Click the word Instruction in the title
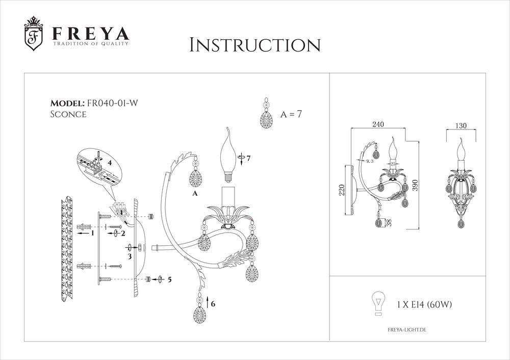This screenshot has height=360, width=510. (x=254, y=45)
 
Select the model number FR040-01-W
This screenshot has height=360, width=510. (x=112, y=102)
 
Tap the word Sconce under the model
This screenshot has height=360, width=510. (x=68, y=114)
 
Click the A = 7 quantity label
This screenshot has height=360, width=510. (x=291, y=114)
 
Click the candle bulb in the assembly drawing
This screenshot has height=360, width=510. (x=228, y=154)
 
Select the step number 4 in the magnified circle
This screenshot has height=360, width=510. (x=109, y=163)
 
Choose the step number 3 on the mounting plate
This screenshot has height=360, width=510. (x=130, y=256)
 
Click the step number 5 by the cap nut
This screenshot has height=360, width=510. (x=169, y=279)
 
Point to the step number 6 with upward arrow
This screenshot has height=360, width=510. (x=213, y=303)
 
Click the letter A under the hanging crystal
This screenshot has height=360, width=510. (x=195, y=194)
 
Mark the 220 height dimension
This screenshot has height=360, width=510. (x=342, y=190)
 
